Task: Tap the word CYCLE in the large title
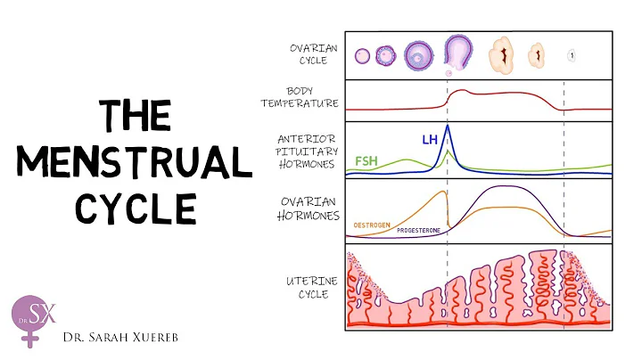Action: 136,209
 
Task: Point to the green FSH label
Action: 366,161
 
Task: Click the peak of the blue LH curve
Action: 447,127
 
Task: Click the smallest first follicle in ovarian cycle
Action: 362,56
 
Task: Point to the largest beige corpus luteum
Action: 501,56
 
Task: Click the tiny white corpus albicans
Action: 571,56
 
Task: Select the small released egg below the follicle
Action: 449,72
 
